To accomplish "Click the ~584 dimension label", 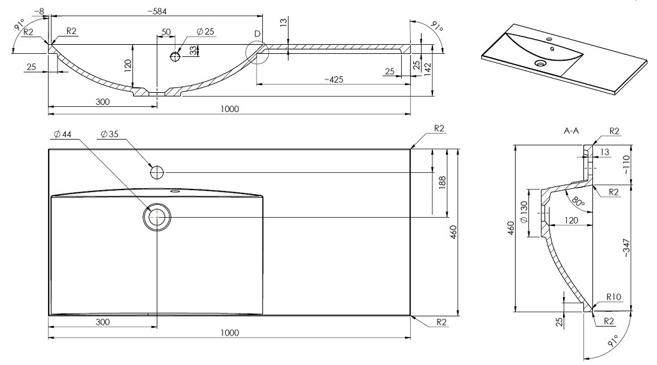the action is (x=157, y=12).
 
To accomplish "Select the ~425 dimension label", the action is (x=333, y=79).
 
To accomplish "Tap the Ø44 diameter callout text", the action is (x=63, y=134).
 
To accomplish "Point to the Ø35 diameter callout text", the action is (x=109, y=134).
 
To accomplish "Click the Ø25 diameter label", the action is (x=205, y=31).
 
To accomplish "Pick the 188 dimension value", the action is (x=442, y=182).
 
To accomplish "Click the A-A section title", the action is (x=571, y=131).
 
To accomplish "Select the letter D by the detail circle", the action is (x=257, y=34).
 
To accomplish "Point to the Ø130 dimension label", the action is (x=524, y=213).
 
